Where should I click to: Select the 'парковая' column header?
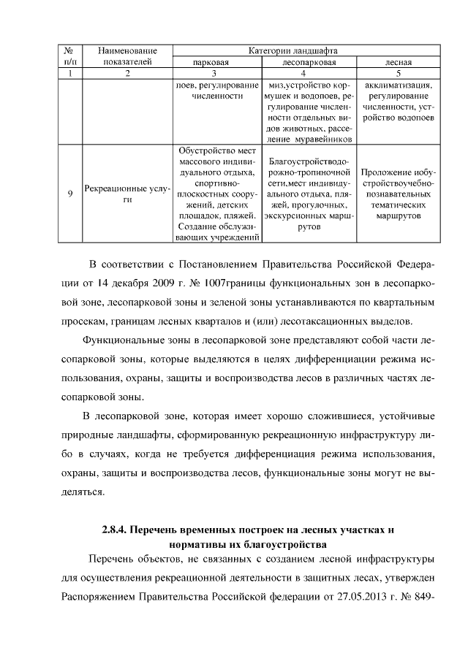click(x=211, y=62)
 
